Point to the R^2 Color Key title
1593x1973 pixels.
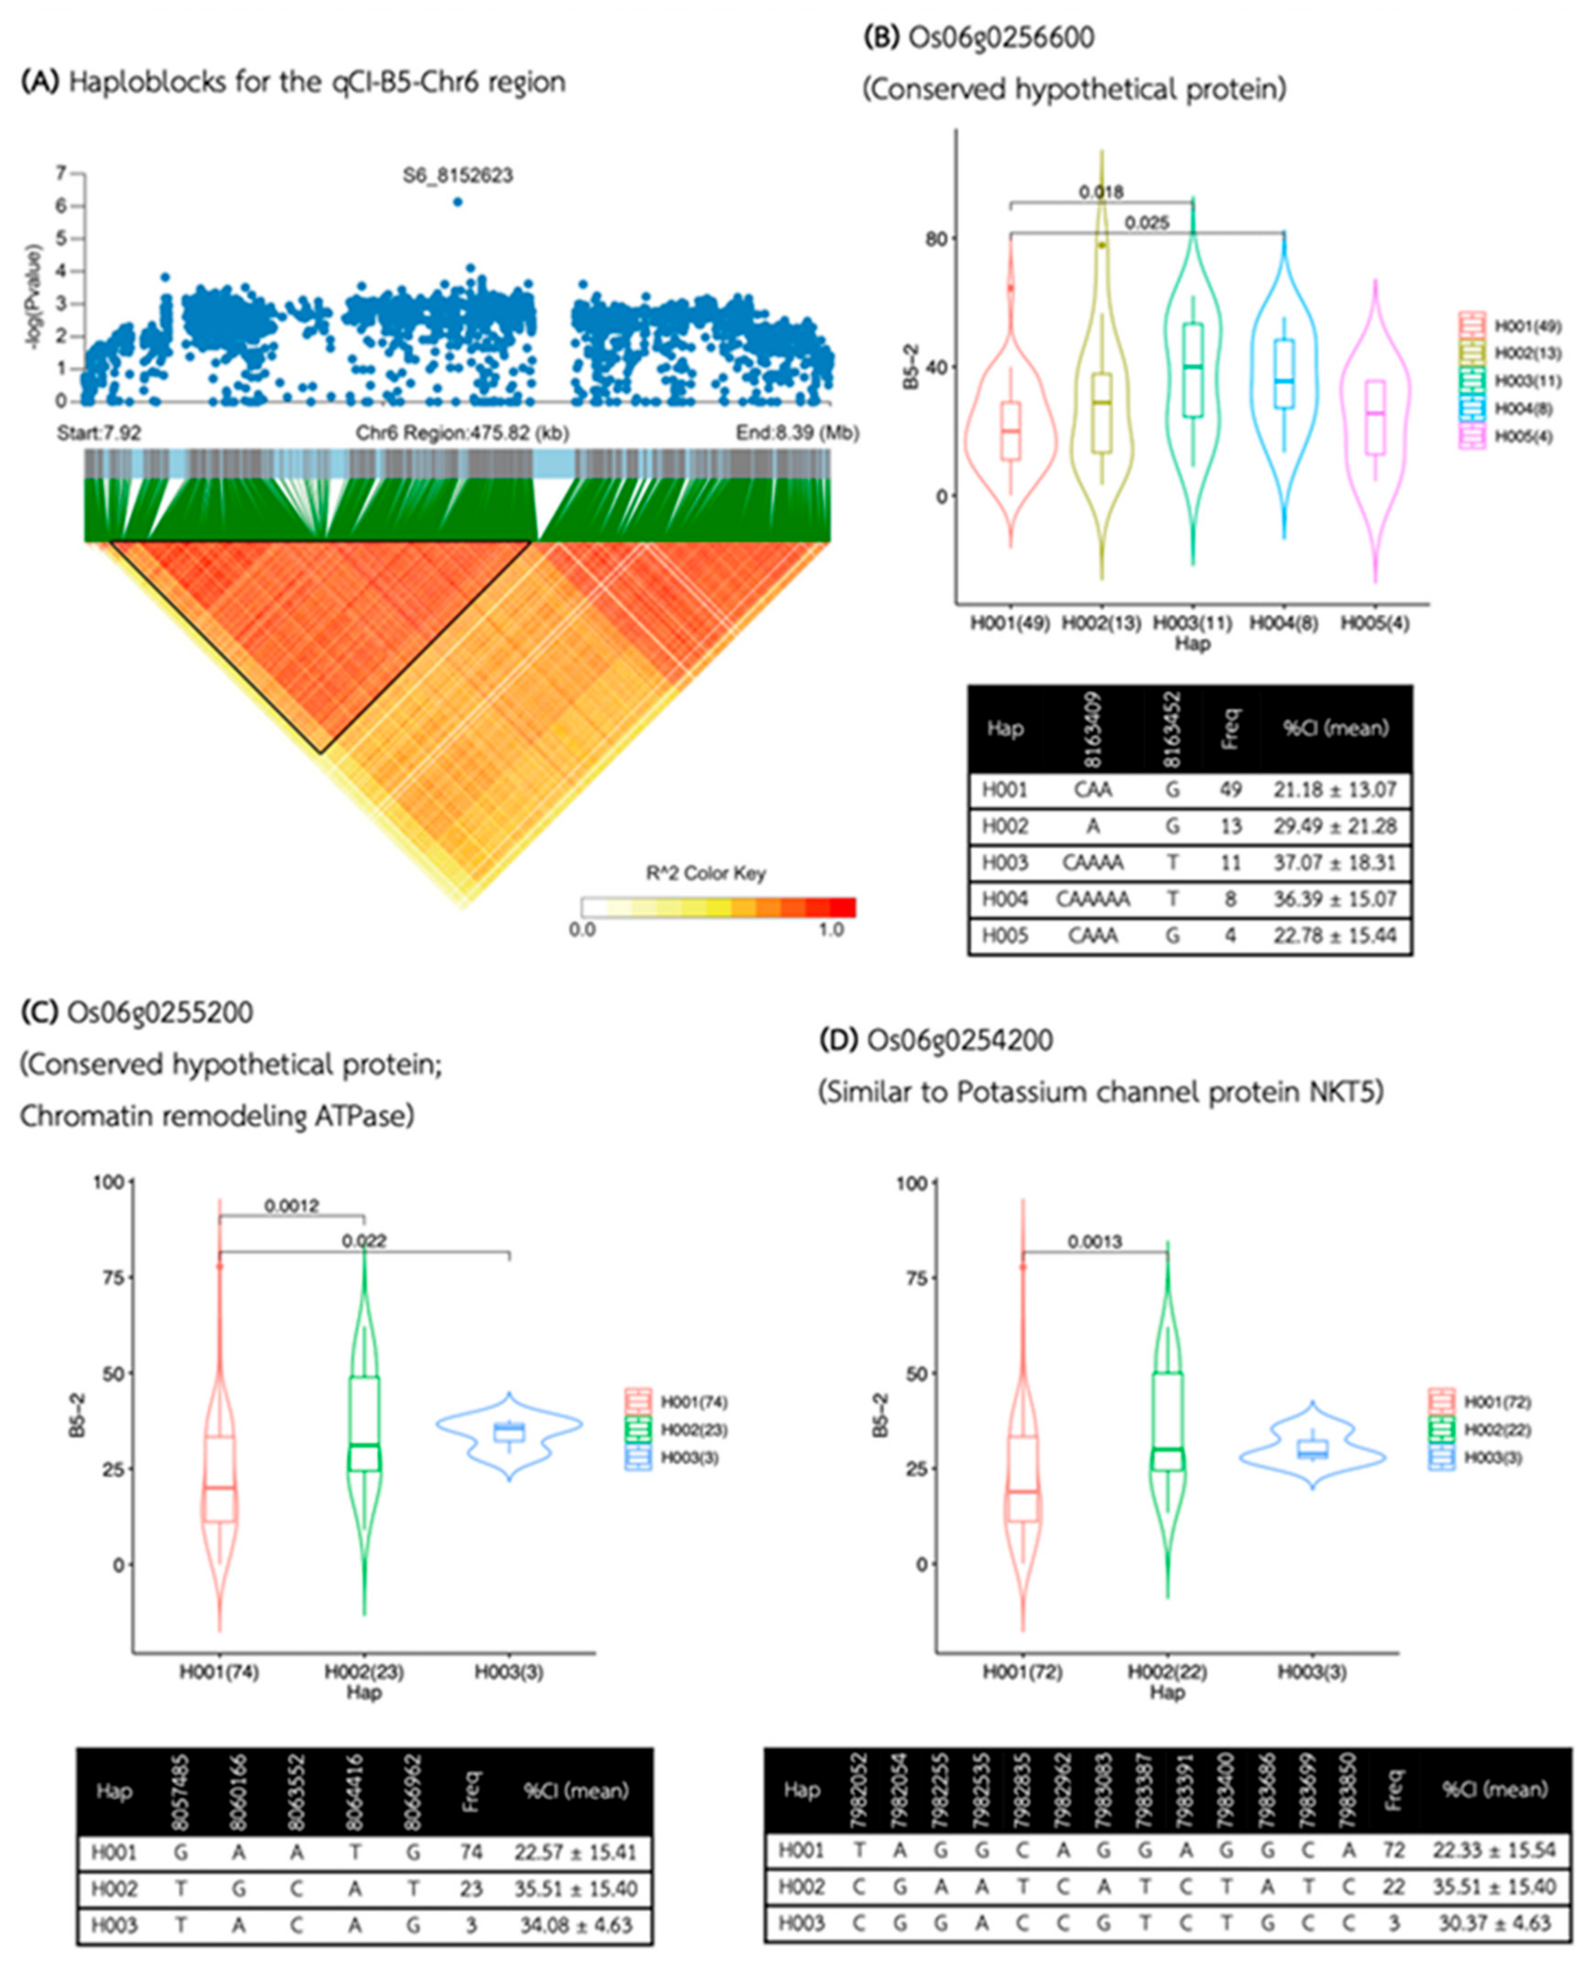coord(706,873)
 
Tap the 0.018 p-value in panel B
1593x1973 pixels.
coord(1100,192)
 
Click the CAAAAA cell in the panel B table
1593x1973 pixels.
coord(1092,899)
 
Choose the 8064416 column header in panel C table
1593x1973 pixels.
coord(354,1790)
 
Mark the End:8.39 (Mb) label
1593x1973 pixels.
coord(796,432)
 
